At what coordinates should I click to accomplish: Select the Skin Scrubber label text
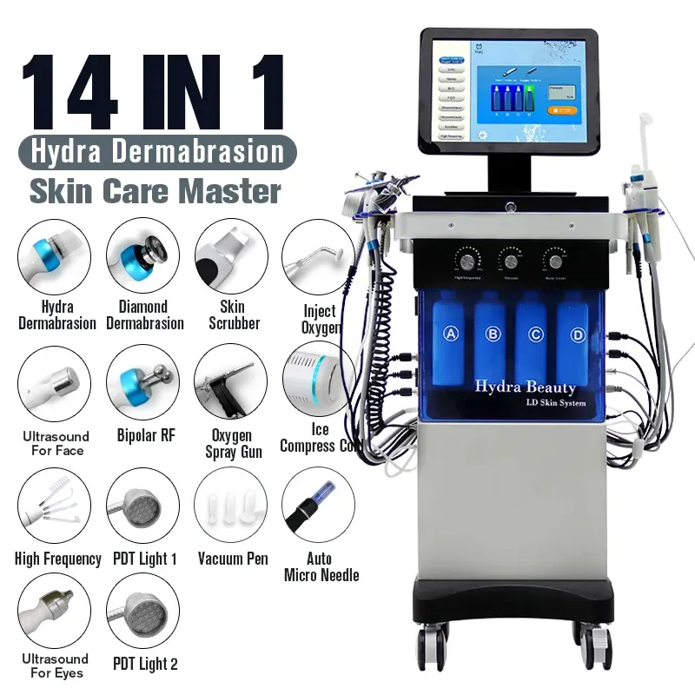(233, 314)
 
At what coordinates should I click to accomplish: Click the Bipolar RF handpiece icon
(143, 381)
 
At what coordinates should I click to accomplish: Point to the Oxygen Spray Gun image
(231, 381)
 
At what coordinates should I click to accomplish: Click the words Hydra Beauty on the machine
(524, 387)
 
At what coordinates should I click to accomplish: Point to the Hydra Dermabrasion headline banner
(156, 153)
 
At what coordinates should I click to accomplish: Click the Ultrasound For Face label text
(55, 443)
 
